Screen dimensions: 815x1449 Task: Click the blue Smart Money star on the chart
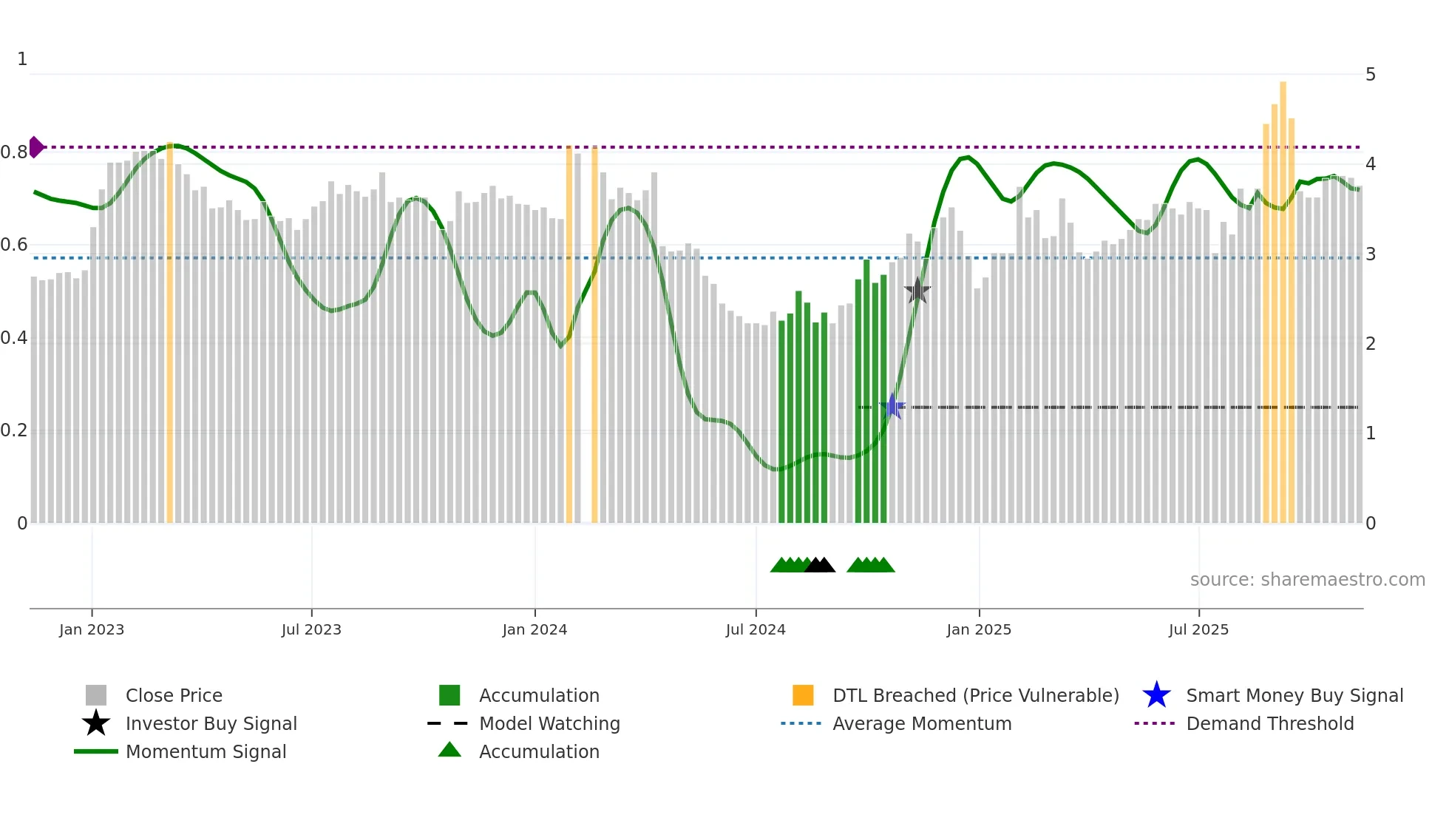coord(892,407)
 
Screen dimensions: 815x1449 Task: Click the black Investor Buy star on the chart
coord(917,291)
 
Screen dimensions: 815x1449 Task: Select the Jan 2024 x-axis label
coord(535,629)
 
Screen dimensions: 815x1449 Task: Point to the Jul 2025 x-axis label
coord(1198,629)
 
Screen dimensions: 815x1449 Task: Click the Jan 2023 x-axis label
coord(92,629)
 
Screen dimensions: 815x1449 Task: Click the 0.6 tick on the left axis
coord(14,245)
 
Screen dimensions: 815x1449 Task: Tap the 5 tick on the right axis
coord(1370,75)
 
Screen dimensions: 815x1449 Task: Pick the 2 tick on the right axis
coord(1370,344)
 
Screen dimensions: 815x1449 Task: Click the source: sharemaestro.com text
coord(1307,580)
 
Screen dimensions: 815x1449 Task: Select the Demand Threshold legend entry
coord(1269,723)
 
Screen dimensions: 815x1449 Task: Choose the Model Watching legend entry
coord(549,723)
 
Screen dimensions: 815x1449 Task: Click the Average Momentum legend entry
coord(921,723)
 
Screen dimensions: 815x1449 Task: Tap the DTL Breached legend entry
coord(975,695)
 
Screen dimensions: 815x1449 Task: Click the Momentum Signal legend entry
coord(206,751)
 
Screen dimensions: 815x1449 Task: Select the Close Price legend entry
coord(174,695)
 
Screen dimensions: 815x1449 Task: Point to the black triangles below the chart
coord(819,565)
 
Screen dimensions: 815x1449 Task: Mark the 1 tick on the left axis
coord(22,59)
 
